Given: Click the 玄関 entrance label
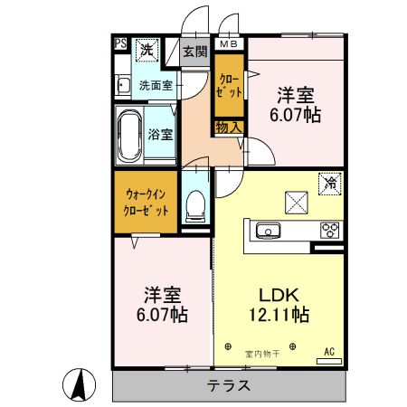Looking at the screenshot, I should coord(195,51).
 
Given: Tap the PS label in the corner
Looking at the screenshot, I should coord(119,43).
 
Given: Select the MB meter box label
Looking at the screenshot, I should coord(227,43).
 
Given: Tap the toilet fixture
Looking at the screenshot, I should coord(194,206).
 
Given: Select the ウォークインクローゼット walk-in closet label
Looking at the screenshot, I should coord(147,200).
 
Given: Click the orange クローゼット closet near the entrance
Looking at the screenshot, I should coord(228,85).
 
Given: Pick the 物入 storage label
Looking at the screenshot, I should coord(229,127).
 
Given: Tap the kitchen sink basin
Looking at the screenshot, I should coord(269,231).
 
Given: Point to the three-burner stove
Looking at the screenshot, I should coord(327,230).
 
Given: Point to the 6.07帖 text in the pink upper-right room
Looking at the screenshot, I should coord(298,115).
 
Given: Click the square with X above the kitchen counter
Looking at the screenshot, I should coord(297,201).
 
